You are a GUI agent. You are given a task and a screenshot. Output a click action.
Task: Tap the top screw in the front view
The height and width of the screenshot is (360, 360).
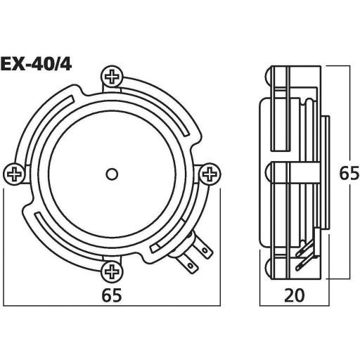point(112,76)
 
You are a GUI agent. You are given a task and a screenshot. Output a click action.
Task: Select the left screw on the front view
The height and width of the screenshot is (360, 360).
point(14,173)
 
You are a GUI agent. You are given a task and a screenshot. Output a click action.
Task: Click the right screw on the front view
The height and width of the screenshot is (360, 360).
point(209,173)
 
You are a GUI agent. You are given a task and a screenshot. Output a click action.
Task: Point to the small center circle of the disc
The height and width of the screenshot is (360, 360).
point(112,173)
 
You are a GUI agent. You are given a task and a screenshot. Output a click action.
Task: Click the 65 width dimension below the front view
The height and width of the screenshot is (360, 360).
point(112,295)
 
